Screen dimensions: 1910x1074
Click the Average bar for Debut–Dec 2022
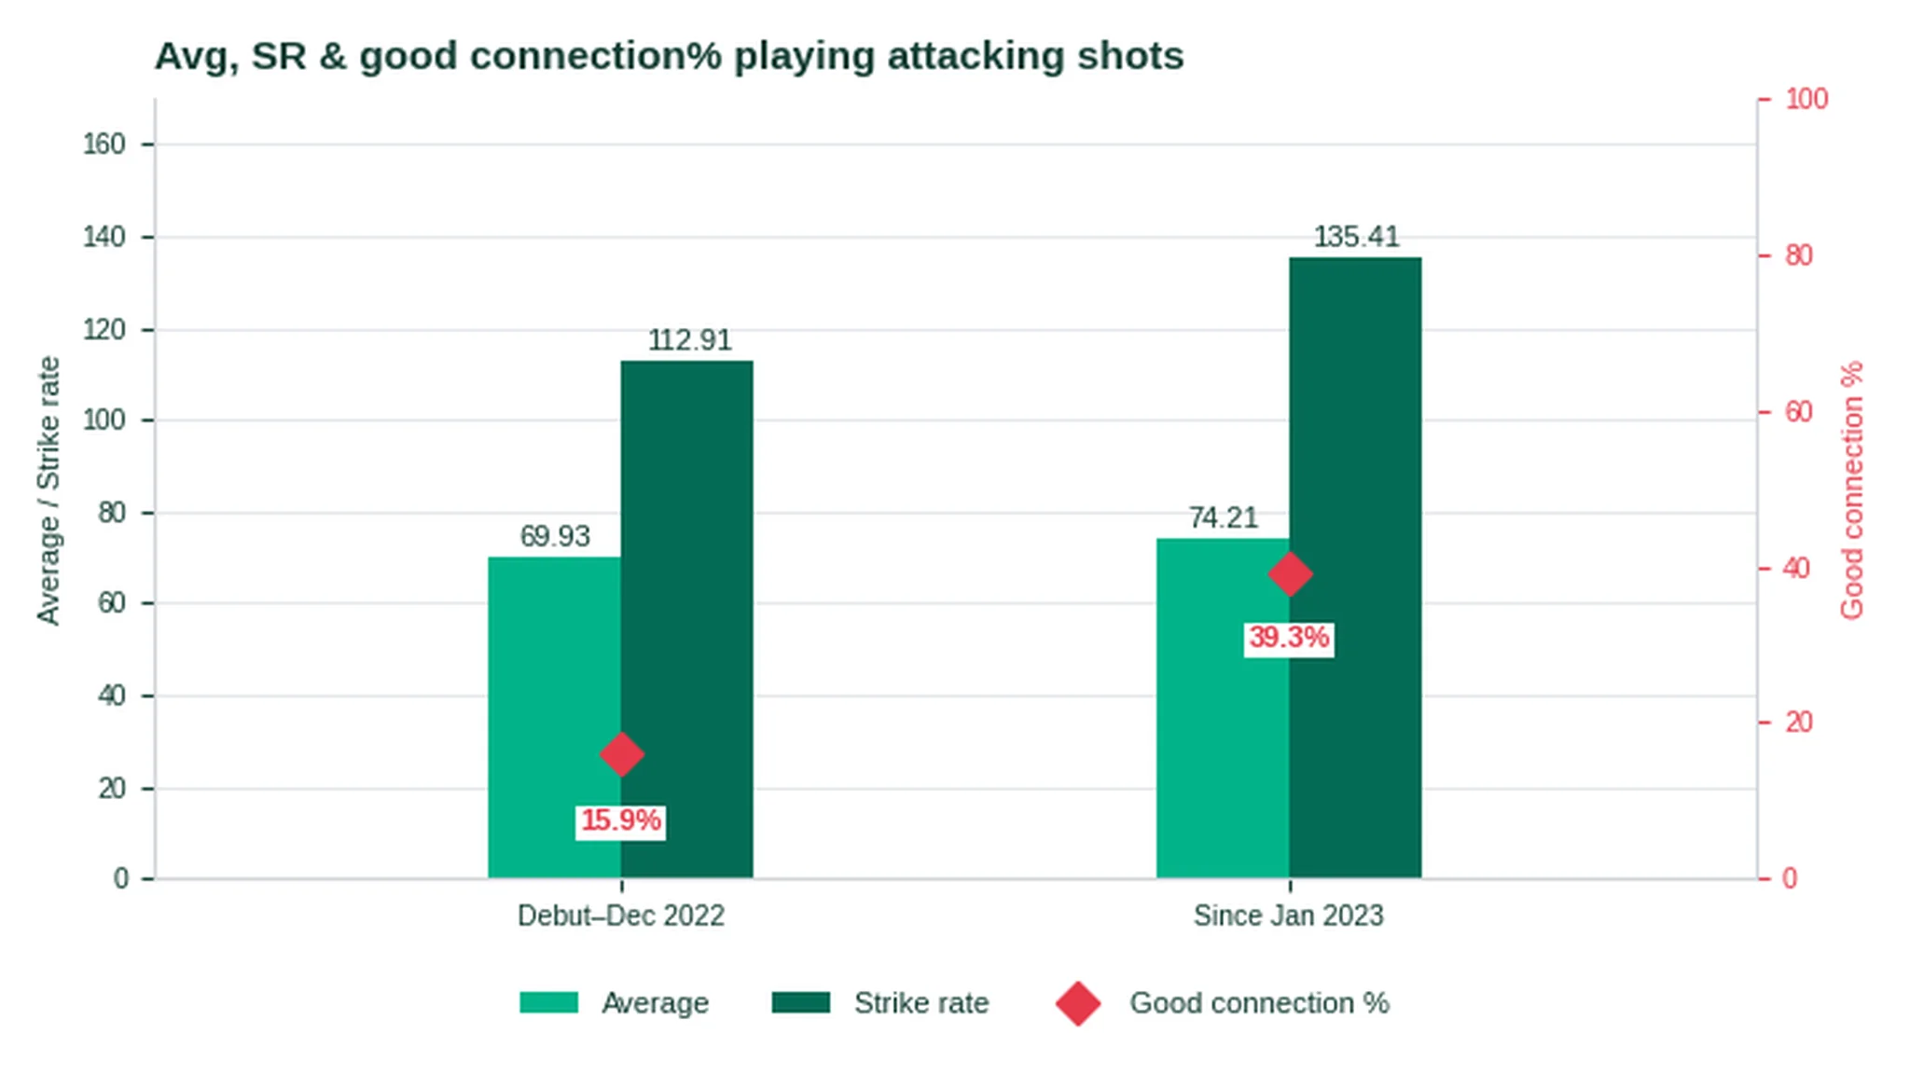pos(554,717)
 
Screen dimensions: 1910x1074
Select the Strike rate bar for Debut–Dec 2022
pos(687,619)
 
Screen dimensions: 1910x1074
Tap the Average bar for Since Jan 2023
pos(1223,708)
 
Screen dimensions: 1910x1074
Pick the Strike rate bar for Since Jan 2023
pos(1356,567)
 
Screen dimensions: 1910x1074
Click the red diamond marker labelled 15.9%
pos(621,754)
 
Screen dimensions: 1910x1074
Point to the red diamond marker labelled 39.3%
pos(1290,573)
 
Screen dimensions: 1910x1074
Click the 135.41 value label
pos(1356,237)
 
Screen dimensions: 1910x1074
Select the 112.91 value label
pos(689,340)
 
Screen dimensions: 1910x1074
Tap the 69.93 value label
pos(555,536)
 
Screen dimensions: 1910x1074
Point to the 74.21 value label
pos(1223,517)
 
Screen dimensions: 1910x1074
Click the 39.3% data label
pos(1289,639)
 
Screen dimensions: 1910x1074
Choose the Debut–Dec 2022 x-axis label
pos(621,916)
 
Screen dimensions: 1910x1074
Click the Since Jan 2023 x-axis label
pos(1289,916)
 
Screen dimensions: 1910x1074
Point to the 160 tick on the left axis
pos(104,145)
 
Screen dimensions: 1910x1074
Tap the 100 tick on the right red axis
pos(1806,99)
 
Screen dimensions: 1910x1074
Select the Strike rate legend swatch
pos(801,1002)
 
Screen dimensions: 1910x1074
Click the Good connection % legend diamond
pos(1078,1003)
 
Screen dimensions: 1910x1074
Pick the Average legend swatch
pos(548,1002)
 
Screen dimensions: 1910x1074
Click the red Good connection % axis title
pos(1852,490)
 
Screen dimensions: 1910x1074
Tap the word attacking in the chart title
pos(976,57)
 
